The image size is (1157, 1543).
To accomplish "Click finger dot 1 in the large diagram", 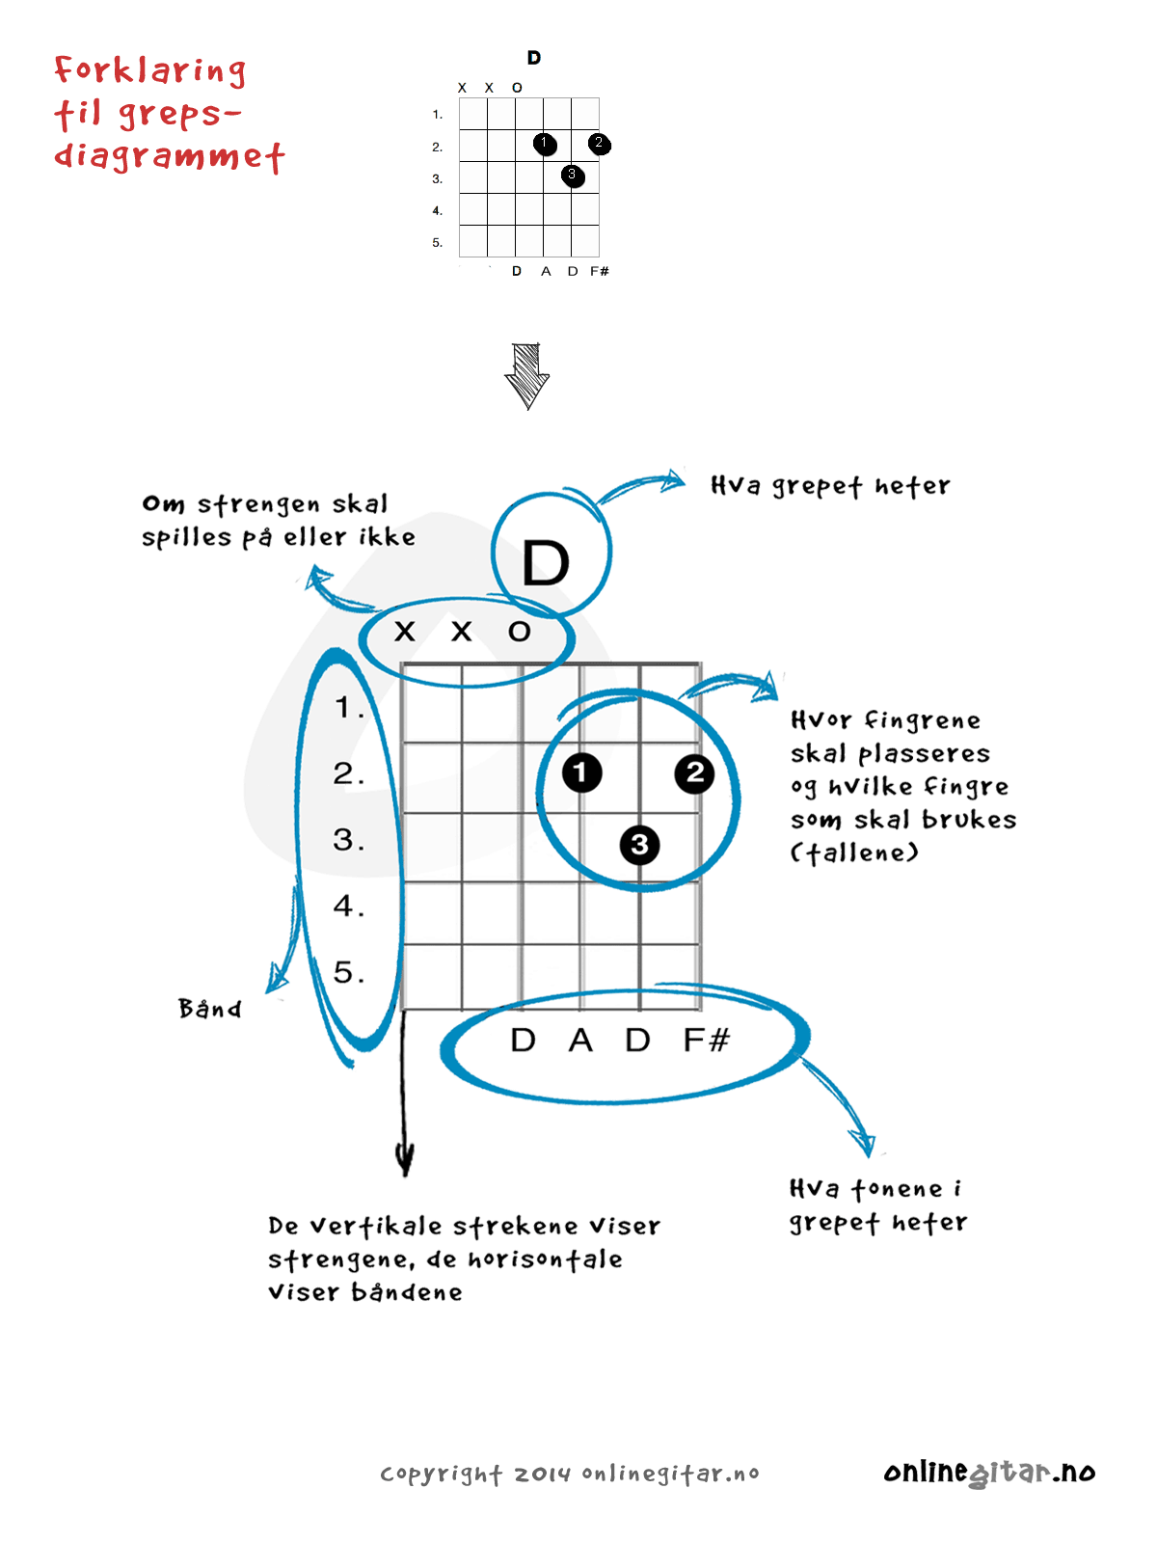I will (x=581, y=772).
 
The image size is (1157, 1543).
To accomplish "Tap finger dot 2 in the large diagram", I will (x=694, y=772).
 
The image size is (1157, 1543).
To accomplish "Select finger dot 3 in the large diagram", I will (x=639, y=846).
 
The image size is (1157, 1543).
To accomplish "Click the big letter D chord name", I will (x=546, y=563).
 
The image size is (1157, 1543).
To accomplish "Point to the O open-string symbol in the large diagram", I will (x=520, y=632).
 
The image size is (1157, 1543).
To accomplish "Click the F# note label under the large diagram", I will (x=706, y=1041).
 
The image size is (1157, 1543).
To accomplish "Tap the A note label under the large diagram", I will (x=580, y=1041).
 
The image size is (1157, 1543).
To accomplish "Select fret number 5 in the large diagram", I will (x=348, y=972).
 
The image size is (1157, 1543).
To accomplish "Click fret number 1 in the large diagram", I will (x=348, y=708).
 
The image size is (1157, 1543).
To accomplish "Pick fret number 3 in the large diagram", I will (x=348, y=839).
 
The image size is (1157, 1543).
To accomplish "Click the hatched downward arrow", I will (x=526, y=376).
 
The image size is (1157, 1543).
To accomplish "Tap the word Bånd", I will (x=210, y=1009).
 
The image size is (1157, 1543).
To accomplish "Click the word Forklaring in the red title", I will (x=150, y=70).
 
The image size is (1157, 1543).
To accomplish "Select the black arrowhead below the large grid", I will (x=406, y=1157).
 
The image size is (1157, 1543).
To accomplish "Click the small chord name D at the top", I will (x=534, y=58).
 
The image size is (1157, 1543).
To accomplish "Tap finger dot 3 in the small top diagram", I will (x=573, y=176).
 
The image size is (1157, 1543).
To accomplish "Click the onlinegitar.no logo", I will (x=989, y=1473).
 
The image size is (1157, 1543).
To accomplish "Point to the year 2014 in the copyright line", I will (x=542, y=1475).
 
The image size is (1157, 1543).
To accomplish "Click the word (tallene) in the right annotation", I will (x=854, y=853).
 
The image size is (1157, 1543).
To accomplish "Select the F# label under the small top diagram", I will (x=600, y=271).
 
